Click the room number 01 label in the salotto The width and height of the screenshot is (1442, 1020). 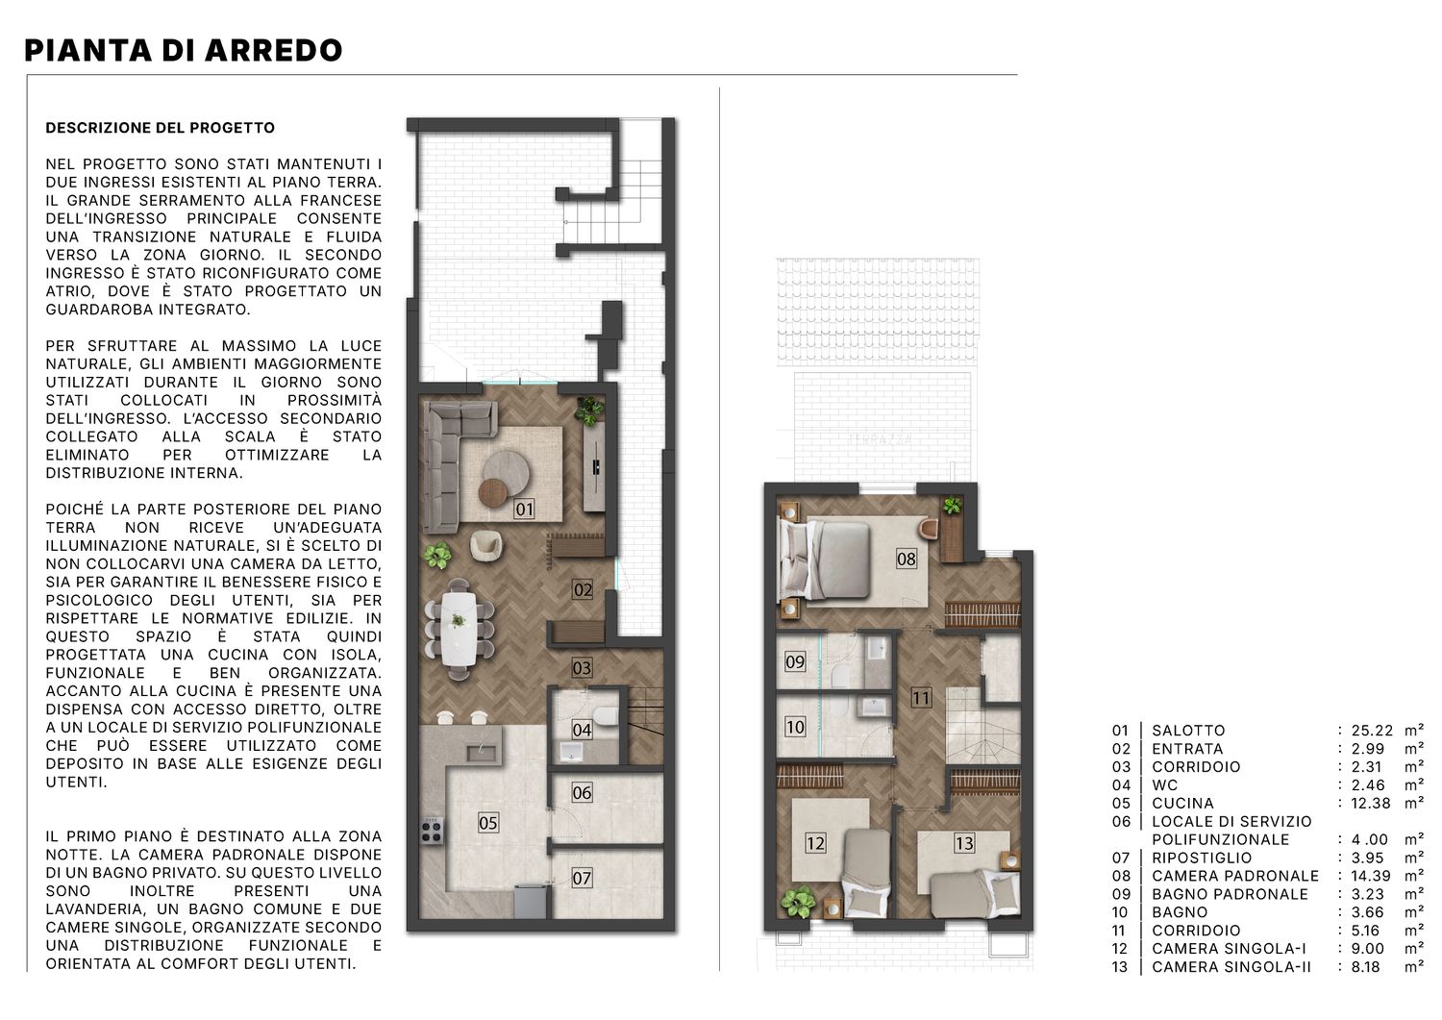point(524,510)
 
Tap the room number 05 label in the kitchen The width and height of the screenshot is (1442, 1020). point(488,822)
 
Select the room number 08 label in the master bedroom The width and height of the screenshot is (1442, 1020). point(906,559)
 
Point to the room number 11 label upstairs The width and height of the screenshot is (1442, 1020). point(921,697)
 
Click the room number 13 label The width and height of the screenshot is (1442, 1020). point(963,843)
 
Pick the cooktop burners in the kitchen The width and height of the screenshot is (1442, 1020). point(432,831)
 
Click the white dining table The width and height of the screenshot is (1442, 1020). point(459,629)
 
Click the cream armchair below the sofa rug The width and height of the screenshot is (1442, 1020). point(486,545)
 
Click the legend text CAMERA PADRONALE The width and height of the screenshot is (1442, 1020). point(1235,876)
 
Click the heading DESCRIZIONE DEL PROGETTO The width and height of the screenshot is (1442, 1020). point(161,128)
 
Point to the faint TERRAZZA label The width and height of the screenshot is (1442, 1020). point(881,439)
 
